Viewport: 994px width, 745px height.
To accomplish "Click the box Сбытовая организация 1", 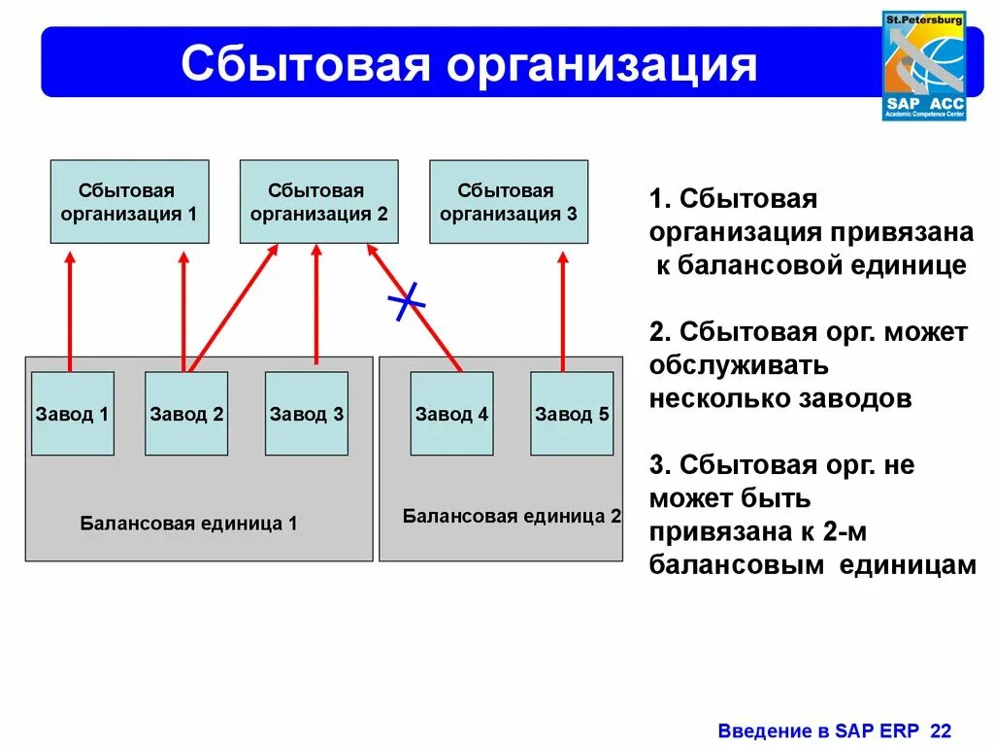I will pos(129,201).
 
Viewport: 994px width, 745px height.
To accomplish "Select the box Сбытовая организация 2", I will pos(318,201).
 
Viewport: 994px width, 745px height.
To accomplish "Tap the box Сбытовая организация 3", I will pos(509,201).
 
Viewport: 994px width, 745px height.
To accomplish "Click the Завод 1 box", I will pos(72,414).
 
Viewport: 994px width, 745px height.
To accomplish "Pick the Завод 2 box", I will pos(186,414).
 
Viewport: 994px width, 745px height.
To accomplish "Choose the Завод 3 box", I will pos(307,414).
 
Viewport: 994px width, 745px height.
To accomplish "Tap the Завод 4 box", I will pos(451,414).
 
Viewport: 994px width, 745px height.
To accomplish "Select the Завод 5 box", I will pos(572,414).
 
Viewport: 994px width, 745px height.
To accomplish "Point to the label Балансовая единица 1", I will pos(188,524).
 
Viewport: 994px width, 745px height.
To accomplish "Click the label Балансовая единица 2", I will pos(512,516).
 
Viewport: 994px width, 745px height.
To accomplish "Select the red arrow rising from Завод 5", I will pos(563,311).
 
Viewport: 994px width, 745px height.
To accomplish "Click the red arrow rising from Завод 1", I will pos(70,311).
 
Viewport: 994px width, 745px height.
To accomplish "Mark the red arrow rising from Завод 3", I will pos(315,306).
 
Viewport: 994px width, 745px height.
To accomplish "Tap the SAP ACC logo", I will pos(923,66).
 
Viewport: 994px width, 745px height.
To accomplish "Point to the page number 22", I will pos(941,730).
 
